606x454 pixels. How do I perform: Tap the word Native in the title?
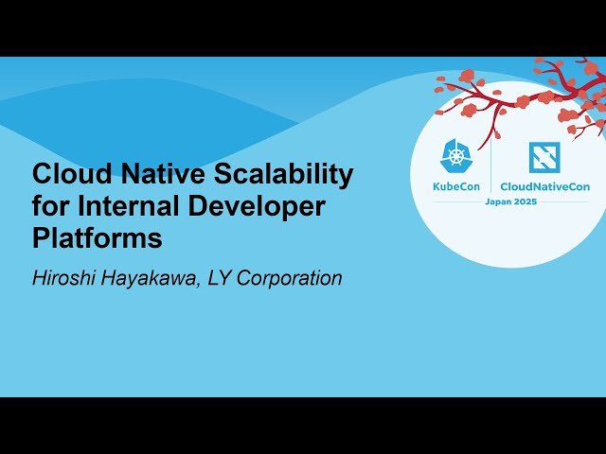(x=147, y=174)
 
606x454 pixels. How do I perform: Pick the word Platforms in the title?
(x=98, y=238)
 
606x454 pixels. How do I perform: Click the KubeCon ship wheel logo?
(x=456, y=156)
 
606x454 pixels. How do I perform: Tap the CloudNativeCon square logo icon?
(x=544, y=156)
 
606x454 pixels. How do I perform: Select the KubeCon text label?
(x=456, y=186)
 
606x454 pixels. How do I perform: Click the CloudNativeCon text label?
(x=544, y=186)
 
